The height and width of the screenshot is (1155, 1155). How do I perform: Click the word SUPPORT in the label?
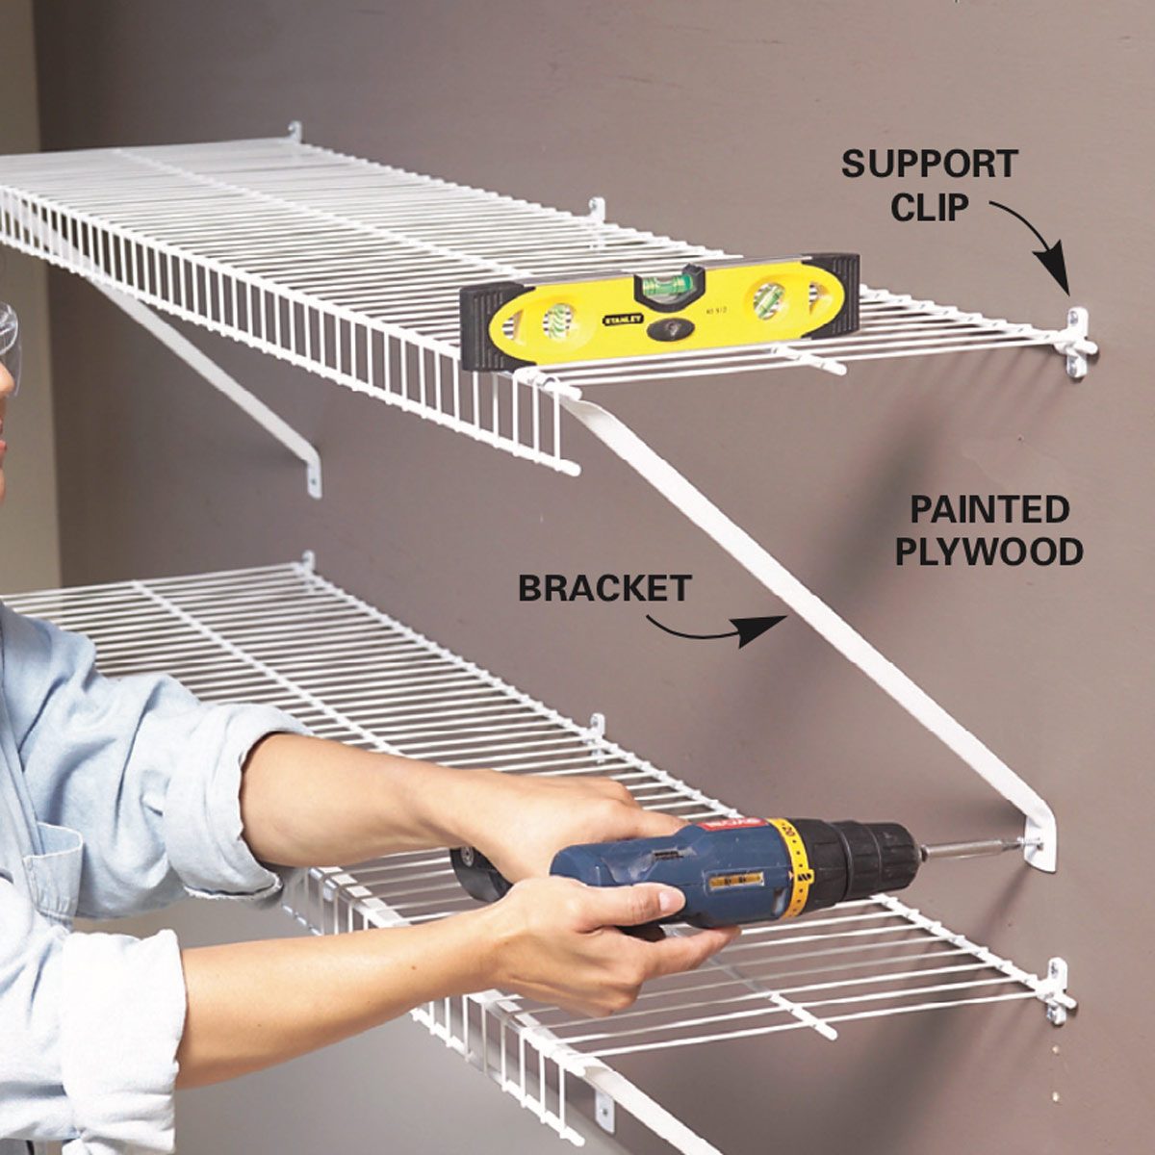pyautogui.click(x=929, y=165)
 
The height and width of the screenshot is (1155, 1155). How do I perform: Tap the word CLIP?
pyautogui.click(x=929, y=207)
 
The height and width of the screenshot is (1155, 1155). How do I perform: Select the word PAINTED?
pyautogui.click(x=989, y=509)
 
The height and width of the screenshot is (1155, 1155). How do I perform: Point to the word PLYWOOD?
pyautogui.click(x=989, y=552)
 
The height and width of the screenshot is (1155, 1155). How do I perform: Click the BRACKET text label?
pyautogui.click(x=604, y=588)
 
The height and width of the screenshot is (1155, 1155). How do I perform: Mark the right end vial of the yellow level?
pyautogui.click(x=773, y=299)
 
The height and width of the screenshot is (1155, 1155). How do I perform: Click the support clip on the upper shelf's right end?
pyautogui.click(x=1078, y=343)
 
